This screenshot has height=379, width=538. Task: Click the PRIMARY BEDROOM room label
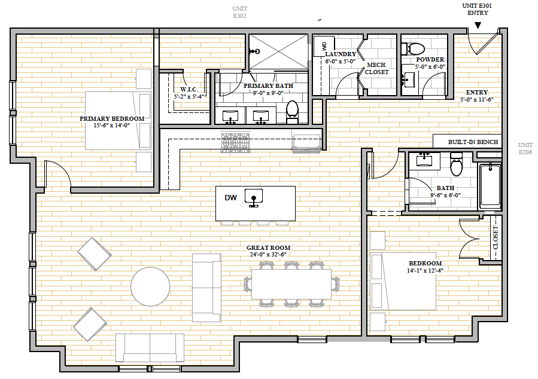coord(112,118)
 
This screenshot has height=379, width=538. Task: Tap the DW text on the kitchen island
coord(230,197)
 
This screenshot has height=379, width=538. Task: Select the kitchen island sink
coord(254,198)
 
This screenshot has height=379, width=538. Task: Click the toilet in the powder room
coord(413,48)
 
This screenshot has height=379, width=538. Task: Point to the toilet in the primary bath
coord(292,112)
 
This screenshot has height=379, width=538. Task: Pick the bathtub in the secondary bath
coord(490,185)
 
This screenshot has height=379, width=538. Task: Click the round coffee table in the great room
coord(150,286)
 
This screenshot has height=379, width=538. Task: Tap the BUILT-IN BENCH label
coord(473,142)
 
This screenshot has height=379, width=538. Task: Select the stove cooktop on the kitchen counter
coord(235,142)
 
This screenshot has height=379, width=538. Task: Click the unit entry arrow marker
coord(478,25)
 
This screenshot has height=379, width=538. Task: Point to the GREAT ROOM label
coord(268,247)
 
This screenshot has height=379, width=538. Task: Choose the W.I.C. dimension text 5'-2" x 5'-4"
coord(189,97)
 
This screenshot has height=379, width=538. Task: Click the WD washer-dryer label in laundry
coord(324,46)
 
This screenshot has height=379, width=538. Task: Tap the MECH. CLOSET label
coord(377,69)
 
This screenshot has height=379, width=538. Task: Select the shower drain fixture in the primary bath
coord(256,51)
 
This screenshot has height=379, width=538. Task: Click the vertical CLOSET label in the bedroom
coord(496,237)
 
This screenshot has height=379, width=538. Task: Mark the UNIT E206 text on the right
coord(525,148)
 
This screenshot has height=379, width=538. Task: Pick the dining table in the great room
coord(291,284)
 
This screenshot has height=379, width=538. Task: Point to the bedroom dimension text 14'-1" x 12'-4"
coord(425,270)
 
